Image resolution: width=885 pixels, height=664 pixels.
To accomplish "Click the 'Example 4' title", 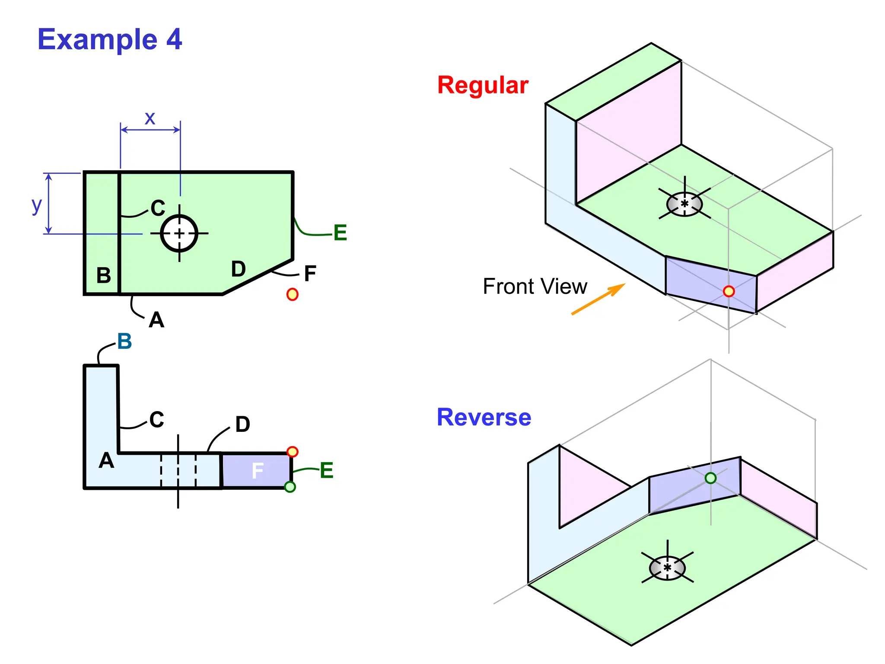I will click(110, 39).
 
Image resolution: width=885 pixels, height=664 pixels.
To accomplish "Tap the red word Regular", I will click(483, 85).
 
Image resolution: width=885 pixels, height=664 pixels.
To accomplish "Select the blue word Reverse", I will click(484, 417).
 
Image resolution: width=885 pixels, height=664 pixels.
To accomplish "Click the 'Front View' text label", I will click(535, 287).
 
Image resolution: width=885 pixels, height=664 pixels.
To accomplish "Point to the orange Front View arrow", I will click(598, 299).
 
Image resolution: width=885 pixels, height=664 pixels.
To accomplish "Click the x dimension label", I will click(150, 118).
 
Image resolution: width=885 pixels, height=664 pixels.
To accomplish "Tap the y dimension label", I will click(37, 205).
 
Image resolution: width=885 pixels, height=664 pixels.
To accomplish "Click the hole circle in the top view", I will click(179, 233).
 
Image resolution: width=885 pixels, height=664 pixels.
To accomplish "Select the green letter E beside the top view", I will click(340, 233).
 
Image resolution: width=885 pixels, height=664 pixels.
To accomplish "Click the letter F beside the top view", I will click(310, 274).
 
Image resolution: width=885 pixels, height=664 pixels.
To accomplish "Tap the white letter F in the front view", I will click(258, 471).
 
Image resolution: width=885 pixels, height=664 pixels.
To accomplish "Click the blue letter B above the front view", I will click(124, 342).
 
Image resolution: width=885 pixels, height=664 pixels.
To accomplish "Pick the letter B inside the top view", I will click(103, 275).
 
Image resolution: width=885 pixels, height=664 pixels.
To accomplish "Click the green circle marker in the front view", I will click(290, 487).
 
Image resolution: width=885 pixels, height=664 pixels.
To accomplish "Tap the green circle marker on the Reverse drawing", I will click(710, 478).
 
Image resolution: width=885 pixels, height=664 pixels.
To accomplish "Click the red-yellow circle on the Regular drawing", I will click(729, 291).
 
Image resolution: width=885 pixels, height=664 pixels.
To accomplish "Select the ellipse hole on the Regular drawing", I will click(684, 204).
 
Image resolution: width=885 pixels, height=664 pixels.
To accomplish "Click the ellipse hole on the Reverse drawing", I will click(667, 568).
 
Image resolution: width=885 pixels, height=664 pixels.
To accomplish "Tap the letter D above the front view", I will click(242, 425).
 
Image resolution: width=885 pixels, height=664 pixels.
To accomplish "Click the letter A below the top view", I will click(156, 320).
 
